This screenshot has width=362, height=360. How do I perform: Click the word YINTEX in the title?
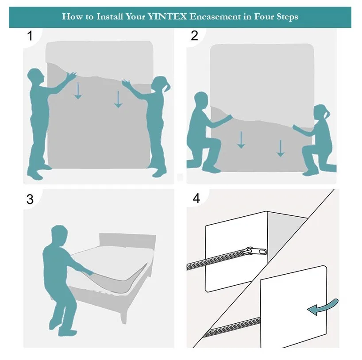tap(167, 17)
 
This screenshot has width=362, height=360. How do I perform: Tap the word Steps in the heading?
tap(287, 17)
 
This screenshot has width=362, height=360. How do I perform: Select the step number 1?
tap(30, 36)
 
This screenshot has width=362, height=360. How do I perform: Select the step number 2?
tap(194, 35)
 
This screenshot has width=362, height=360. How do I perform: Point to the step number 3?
tap(30, 199)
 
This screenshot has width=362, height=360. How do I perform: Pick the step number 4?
tap(196, 198)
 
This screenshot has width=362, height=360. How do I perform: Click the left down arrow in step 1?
tap(78, 91)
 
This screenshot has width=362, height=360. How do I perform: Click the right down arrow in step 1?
tap(118, 99)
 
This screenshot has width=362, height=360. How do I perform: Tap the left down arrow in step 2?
tap(241, 140)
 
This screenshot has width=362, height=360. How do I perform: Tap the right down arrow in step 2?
tap(281, 148)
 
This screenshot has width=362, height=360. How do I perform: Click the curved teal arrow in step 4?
tap(323, 306)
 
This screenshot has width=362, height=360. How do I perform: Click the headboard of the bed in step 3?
tap(127, 241)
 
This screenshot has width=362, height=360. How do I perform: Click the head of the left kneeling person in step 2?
tap(201, 100)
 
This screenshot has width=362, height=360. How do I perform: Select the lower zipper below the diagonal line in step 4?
tap(231, 327)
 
